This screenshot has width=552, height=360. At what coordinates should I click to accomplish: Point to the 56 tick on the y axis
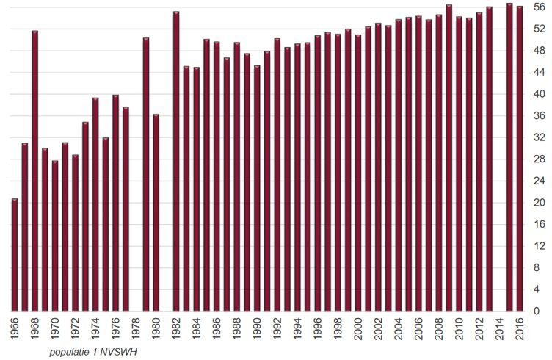point(540,7)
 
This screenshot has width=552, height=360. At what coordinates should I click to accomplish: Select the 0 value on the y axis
point(542,312)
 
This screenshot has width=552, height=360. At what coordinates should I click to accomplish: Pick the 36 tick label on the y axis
point(540,116)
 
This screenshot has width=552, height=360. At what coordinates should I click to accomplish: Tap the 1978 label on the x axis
point(136,328)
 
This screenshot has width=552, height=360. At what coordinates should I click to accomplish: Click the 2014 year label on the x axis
point(499,328)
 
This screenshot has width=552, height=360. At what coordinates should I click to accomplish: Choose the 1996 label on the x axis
point(317,328)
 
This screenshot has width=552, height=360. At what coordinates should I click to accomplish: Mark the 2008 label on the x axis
point(438,328)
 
